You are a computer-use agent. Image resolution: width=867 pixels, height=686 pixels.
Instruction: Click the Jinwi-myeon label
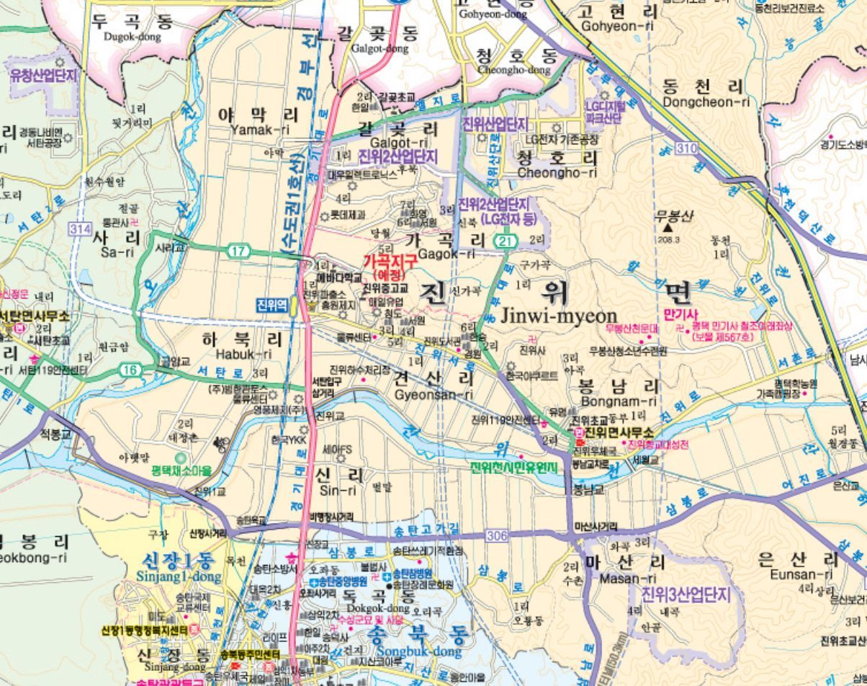coord(559,316)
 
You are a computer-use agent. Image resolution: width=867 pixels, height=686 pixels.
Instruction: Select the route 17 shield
coord(238,251)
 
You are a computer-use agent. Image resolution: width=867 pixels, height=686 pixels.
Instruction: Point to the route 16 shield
coord(130,370)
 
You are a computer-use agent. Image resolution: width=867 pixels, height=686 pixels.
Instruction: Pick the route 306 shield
coord(496,535)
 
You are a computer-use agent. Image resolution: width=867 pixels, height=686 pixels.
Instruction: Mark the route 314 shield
coord(81,229)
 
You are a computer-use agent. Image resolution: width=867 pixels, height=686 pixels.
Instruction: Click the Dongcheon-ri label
coord(706,102)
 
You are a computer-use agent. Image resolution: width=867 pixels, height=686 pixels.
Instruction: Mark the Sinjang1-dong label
coord(179,576)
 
